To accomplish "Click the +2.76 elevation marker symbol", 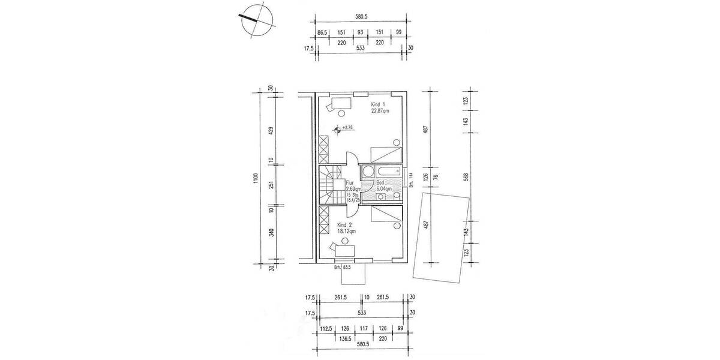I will click(338, 128).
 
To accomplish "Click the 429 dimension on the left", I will click(271, 130).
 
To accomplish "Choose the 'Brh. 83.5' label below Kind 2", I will click(341, 268).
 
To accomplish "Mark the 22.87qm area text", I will click(380, 111).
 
